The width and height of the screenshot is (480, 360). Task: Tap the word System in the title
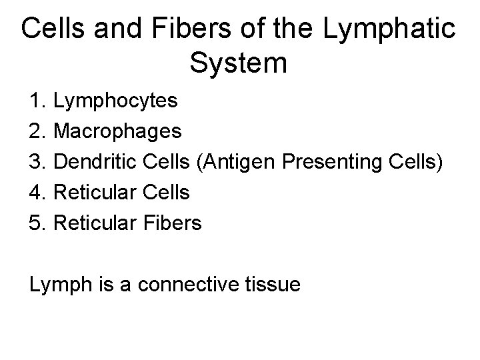(239, 63)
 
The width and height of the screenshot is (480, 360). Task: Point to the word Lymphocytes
(115, 101)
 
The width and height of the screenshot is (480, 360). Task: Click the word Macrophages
(117, 132)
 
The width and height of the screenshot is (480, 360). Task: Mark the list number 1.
(37, 101)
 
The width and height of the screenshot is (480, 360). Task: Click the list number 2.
(37, 132)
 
